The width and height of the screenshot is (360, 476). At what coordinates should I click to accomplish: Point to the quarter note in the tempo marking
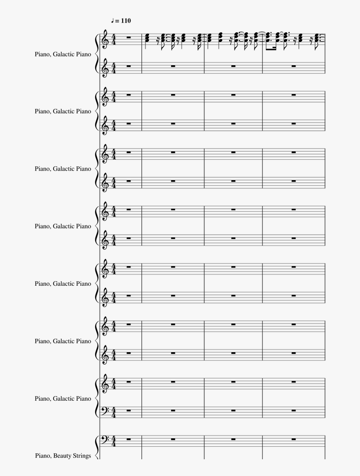click(x=113, y=20)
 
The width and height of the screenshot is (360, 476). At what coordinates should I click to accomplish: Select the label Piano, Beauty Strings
click(x=63, y=456)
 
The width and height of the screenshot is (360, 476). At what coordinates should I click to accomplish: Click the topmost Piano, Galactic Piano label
click(x=63, y=54)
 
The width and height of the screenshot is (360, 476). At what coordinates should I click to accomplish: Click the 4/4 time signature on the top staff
click(x=114, y=39)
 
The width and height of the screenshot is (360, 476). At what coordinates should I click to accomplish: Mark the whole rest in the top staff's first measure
click(x=128, y=38)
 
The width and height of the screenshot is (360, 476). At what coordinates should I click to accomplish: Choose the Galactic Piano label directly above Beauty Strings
click(x=63, y=399)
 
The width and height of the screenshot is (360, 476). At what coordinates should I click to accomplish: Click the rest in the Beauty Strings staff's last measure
click(x=294, y=439)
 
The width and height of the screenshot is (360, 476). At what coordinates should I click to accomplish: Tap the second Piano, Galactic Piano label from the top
click(x=63, y=111)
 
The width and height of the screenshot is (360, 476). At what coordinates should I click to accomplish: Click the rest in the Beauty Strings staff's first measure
click(x=128, y=439)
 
